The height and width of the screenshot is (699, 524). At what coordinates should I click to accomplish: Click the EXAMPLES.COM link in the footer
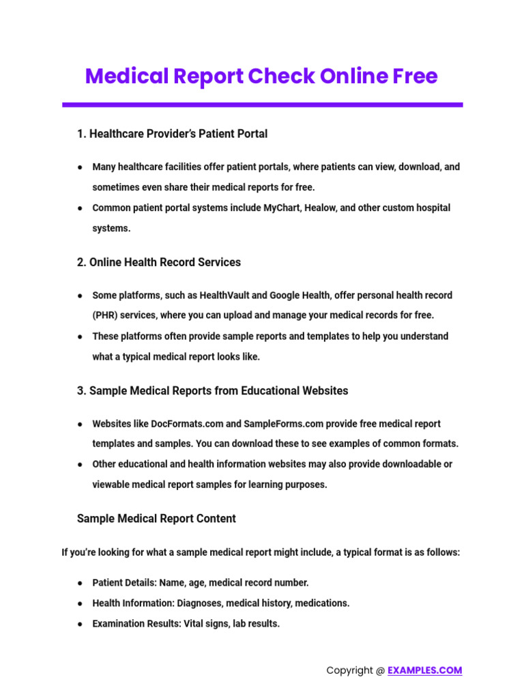coord(424,670)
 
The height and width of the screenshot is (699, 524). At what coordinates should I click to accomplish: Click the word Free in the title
coord(414,76)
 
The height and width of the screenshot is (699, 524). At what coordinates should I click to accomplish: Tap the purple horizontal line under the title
coord(262,104)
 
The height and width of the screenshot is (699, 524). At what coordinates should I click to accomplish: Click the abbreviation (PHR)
coord(106,315)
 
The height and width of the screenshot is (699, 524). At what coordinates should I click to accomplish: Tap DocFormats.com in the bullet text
coord(170,424)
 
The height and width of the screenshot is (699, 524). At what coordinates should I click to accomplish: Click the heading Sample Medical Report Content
coord(156,519)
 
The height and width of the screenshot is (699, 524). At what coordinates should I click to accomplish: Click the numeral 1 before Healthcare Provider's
coord(81,134)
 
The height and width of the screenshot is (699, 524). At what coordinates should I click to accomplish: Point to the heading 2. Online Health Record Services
coord(158,262)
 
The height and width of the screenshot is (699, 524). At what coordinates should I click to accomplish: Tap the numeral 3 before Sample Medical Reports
coord(81,391)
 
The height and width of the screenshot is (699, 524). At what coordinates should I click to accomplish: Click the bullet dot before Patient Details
coord(81,583)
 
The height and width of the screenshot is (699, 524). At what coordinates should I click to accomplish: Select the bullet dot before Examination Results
coord(81,624)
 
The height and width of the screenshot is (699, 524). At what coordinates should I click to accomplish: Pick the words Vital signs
coord(207,624)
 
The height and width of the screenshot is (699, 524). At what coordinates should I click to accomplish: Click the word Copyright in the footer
coord(350,670)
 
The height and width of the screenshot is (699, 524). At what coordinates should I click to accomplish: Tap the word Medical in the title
coord(127,76)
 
